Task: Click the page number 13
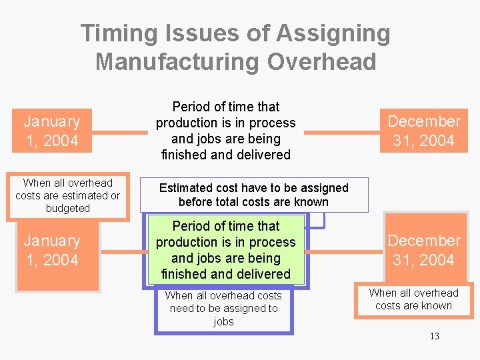[x=434, y=336]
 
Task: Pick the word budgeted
[x=67, y=209]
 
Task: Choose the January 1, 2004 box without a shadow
[x=51, y=131]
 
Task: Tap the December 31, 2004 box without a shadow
[x=424, y=131]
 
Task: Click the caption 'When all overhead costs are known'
[x=413, y=299]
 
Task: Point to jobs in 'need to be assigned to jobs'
[x=223, y=321]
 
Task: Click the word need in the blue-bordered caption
[x=182, y=308]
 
